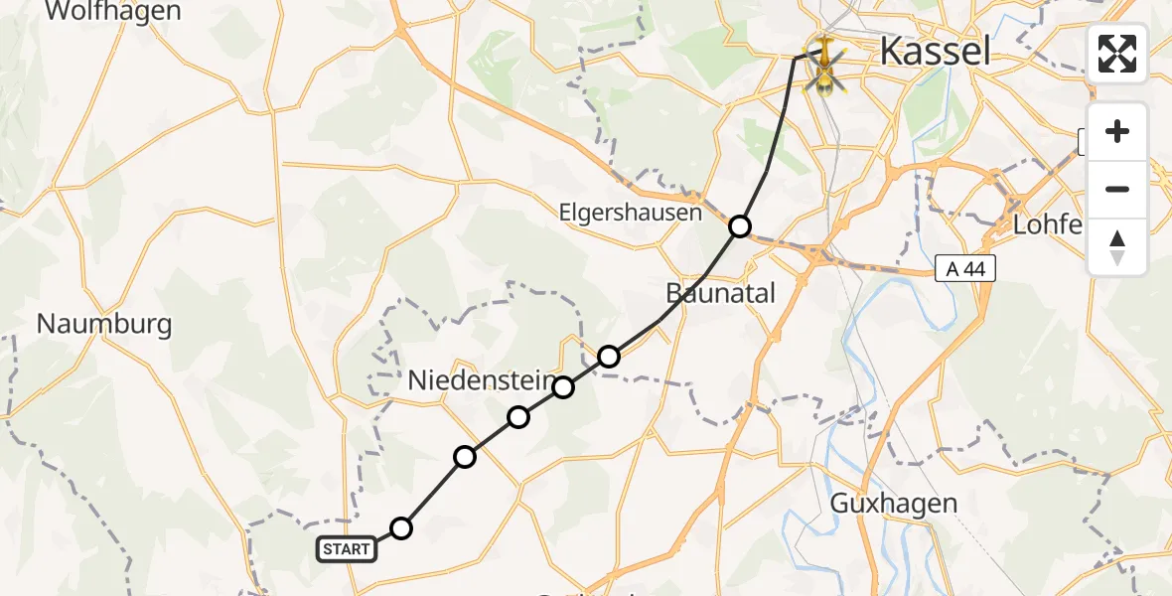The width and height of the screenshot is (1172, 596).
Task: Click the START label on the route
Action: coord(347,548)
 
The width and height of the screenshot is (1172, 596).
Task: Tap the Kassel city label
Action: coord(935,51)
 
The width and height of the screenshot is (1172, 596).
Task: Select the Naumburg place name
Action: coord(103,324)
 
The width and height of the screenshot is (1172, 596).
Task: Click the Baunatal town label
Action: coord(720,292)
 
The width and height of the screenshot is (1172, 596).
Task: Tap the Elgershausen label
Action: coord(631,213)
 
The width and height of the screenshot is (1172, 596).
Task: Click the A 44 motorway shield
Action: coord(964,267)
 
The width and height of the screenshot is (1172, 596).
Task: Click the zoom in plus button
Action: coord(1117,131)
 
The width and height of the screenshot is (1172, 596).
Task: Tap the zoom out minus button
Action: coord(1117,189)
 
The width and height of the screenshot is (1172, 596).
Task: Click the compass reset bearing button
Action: coord(1117,246)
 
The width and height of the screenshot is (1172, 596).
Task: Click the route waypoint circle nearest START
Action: coord(400,528)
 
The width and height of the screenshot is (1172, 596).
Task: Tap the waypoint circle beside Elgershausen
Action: coord(739,226)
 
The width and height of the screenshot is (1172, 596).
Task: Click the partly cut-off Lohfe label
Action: coord(1046,224)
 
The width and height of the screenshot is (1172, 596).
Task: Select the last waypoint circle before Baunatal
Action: coord(609,356)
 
